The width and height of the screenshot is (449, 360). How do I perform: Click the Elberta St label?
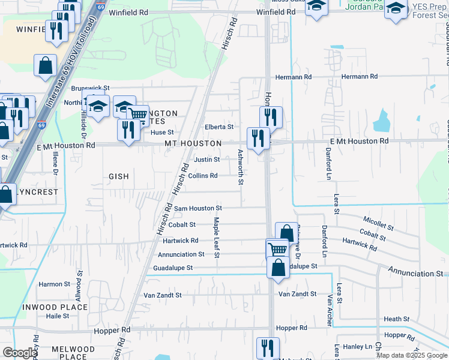point(218,127)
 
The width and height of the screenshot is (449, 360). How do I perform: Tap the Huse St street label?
point(162,133)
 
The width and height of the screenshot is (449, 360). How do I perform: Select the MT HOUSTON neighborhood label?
point(193,144)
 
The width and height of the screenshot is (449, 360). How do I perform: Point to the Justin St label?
point(207,160)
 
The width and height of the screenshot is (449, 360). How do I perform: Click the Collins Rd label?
point(202,176)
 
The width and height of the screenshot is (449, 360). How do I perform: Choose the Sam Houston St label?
point(198,208)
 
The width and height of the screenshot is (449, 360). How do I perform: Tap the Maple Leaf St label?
point(217,238)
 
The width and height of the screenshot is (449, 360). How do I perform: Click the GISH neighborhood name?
point(119,176)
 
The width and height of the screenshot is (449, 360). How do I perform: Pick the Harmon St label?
point(55,284)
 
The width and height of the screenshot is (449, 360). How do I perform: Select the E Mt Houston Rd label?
point(359,141)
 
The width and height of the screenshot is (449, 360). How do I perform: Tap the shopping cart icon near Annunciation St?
point(277,249)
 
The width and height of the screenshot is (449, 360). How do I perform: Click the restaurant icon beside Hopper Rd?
point(268,347)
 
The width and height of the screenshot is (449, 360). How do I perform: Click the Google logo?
point(19,353)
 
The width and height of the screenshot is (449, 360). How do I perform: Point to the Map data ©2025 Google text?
point(411,355)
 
